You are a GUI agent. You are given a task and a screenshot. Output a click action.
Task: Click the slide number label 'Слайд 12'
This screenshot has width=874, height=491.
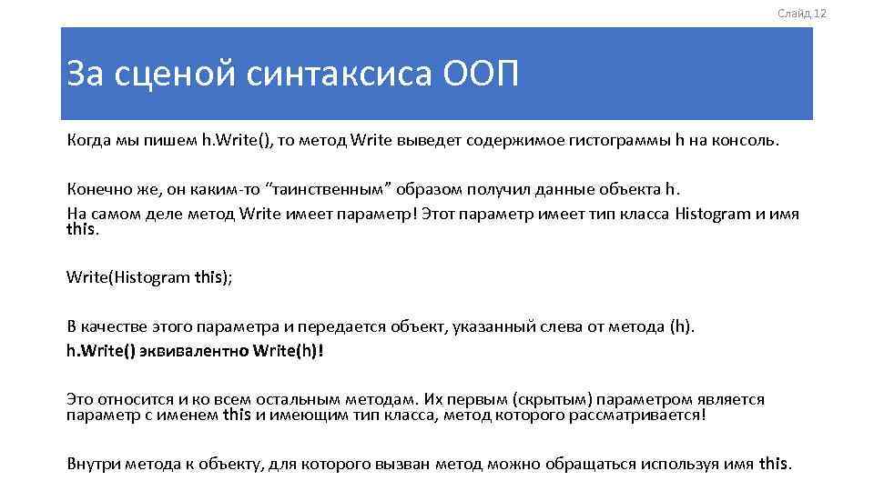[802, 13]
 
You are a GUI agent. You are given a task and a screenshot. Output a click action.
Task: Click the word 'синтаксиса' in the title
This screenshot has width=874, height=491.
[340, 74]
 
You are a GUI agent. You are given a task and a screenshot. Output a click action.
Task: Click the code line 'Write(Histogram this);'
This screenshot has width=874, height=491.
[149, 278]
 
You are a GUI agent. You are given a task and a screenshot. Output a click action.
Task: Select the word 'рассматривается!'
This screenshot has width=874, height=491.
[643, 415]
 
